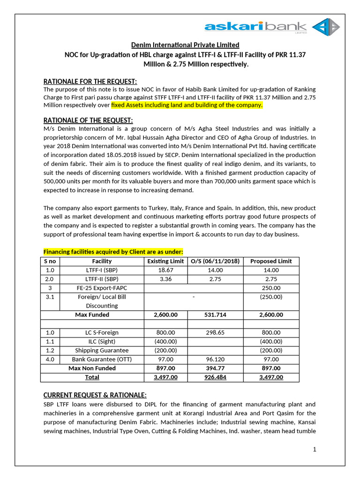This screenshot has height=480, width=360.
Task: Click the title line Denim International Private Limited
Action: pos(185,45)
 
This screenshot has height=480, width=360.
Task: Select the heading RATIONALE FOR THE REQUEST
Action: pos(90,81)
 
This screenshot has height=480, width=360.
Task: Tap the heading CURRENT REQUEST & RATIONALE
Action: pos(95,394)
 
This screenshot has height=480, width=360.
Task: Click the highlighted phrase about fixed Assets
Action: pos(187,105)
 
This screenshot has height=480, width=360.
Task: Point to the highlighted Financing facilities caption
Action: pos(113,251)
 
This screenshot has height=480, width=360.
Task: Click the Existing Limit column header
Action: pos(165,261)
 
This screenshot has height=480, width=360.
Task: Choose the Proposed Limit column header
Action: pos(271,261)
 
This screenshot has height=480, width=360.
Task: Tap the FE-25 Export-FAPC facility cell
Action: pos(102,288)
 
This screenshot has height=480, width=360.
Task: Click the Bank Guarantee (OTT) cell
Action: pos(102,359)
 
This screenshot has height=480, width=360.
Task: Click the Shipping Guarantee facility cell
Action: pos(102,350)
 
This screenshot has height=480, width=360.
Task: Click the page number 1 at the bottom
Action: pos(315,450)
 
